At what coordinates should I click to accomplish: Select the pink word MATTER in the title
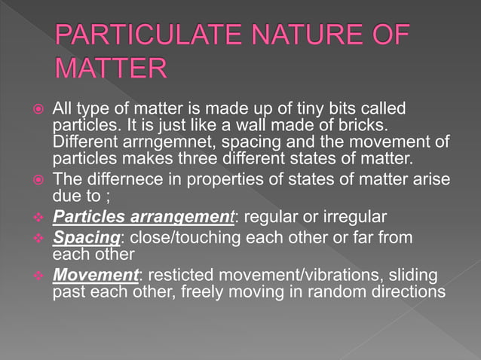[x=110, y=68]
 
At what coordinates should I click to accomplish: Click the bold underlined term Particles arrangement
[x=144, y=217]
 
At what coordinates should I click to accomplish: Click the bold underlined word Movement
[x=96, y=275]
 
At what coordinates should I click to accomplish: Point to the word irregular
[x=357, y=217]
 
